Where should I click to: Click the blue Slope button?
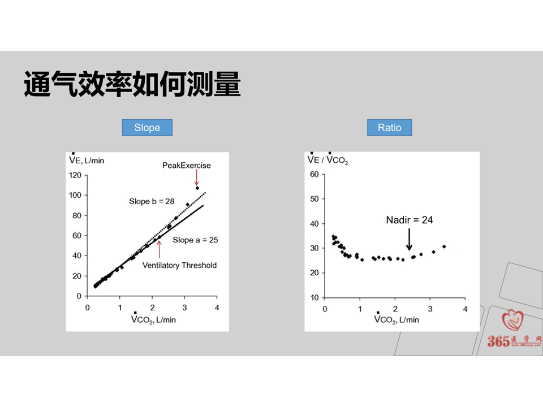click(x=147, y=127)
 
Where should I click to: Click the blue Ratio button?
click(x=390, y=127)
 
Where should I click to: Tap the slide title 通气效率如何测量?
click(x=132, y=84)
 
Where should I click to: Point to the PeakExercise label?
click(x=186, y=166)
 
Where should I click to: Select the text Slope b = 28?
click(x=152, y=201)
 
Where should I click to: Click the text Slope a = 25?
click(x=195, y=240)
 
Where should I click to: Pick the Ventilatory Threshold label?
click(x=179, y=266)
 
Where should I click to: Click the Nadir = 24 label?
click(x=410, y=220)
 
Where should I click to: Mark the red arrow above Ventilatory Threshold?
click(x=160, y=249)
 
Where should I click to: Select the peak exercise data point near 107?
click(x=197, y=188)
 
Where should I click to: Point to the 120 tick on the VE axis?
click(x=75, y=175)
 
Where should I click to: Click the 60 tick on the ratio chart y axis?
click(x=314, y=175)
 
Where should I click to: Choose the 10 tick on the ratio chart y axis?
click(x=314, y=298)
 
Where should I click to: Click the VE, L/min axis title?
click(x=87, y=159)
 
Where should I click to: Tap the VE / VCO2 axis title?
click(x=327, y=159)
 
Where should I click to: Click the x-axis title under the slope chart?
click(x=153, y=319)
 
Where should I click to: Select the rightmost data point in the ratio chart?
click(x=445, y=247)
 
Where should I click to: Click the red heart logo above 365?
click(x=513, y=320)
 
